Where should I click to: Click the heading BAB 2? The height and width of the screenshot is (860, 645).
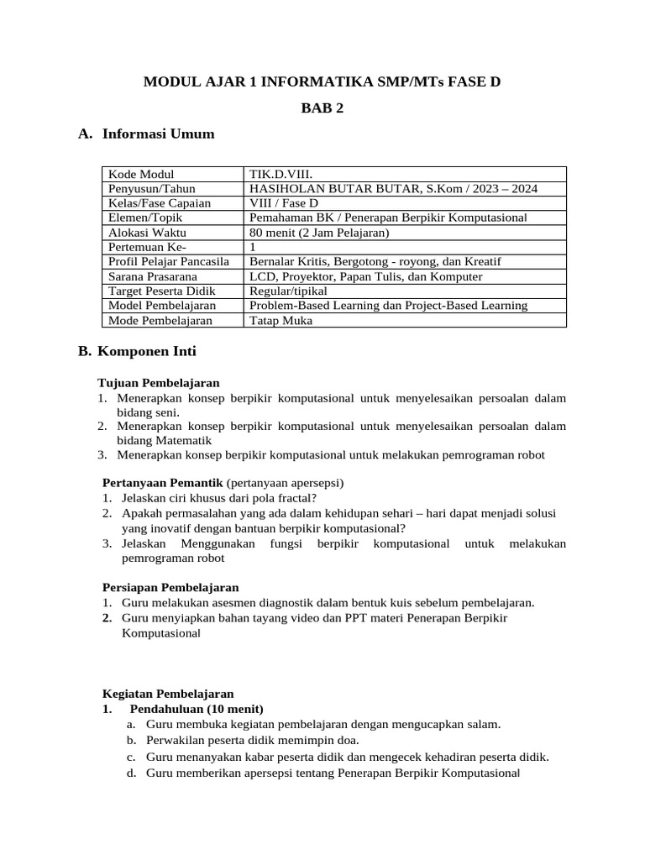tap(322, 107)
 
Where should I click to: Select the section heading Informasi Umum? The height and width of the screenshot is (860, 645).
tap(158, 134)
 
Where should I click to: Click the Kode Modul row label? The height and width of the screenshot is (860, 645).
tap(141, 174)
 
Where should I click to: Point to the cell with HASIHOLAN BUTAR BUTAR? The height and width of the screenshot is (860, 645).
tap(394, 189)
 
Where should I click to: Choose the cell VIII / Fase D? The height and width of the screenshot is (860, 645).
tap(284, 203)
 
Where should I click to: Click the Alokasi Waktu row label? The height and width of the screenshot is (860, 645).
tap(148, 233)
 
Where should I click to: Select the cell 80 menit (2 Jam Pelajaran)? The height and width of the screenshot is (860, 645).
tap(318, 233)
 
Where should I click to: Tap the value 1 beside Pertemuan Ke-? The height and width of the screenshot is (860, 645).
tap(253, 247)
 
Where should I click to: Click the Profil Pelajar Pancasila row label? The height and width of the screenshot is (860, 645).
tap(169, 262)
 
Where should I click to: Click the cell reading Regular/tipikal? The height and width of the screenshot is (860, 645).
tap(289, 291)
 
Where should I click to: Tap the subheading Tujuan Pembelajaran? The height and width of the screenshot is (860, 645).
tap(159, 383)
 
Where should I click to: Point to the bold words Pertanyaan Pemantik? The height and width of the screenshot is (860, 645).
tap(162, 483)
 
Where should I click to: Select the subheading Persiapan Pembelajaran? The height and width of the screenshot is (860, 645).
tap(170, 587)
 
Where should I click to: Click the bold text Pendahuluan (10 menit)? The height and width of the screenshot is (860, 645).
tap(195, 708)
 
